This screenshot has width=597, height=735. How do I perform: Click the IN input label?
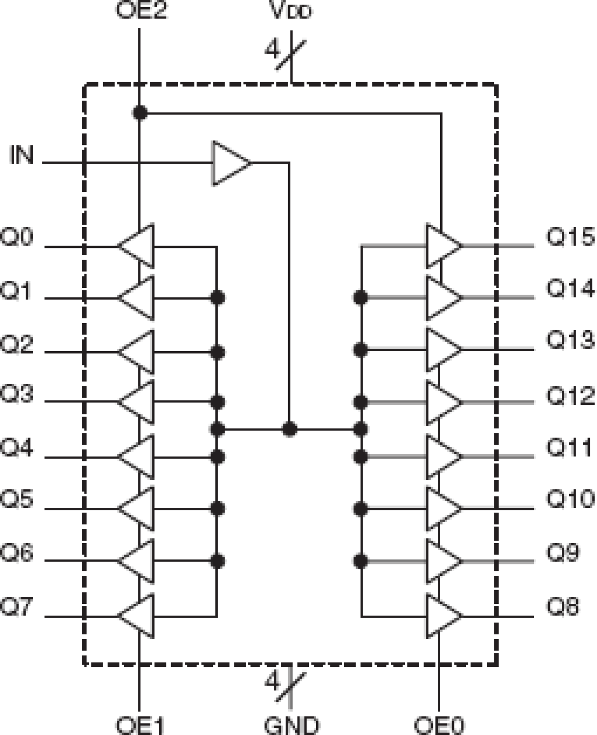(x=22, y=155)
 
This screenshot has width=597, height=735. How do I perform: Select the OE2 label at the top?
(x=141, y=10)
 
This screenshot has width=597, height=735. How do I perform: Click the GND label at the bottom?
(x=291, y=725)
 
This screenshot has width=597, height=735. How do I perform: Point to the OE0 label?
(x=438, y=725)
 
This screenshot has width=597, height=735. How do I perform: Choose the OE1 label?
(x=140, y=725)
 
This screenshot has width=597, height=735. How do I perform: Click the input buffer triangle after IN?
(x=229, y=163)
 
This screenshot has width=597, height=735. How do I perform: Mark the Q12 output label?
(x=570, y=395)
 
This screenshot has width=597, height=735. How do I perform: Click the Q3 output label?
(x=17, y=394)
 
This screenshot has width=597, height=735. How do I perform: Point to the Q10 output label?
(x=570, y=499)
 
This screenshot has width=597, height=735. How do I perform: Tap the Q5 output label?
(x=17, y=500)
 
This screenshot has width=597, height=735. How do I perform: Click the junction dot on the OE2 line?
(x=140, y=113)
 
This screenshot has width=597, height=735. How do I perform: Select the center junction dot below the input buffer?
(x=289, y=430)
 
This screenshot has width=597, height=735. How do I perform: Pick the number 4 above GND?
(x=272, y=681)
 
